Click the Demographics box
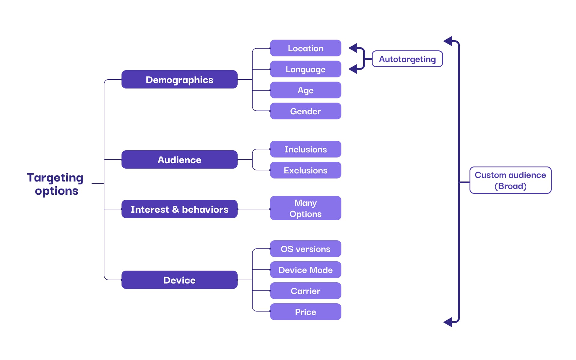point(179,79)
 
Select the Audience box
point(179,160)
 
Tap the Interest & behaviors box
point(179,209)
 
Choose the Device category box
point(179,280)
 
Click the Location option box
point(305,48)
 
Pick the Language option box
point(305,69)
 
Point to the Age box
point(305,90)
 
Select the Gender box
point(305,111)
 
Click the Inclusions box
point(305,149)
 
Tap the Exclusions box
point(305,170)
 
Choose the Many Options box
point(305,208)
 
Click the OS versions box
point(305,249)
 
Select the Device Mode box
point(305,270)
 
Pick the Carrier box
point(305,291)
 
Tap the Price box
point(305,312)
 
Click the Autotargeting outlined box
point(407,59)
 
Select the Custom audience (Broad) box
point(510,180)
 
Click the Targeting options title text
point(55,184)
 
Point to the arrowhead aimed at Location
point(353,48)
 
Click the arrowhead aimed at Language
point(353,69)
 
